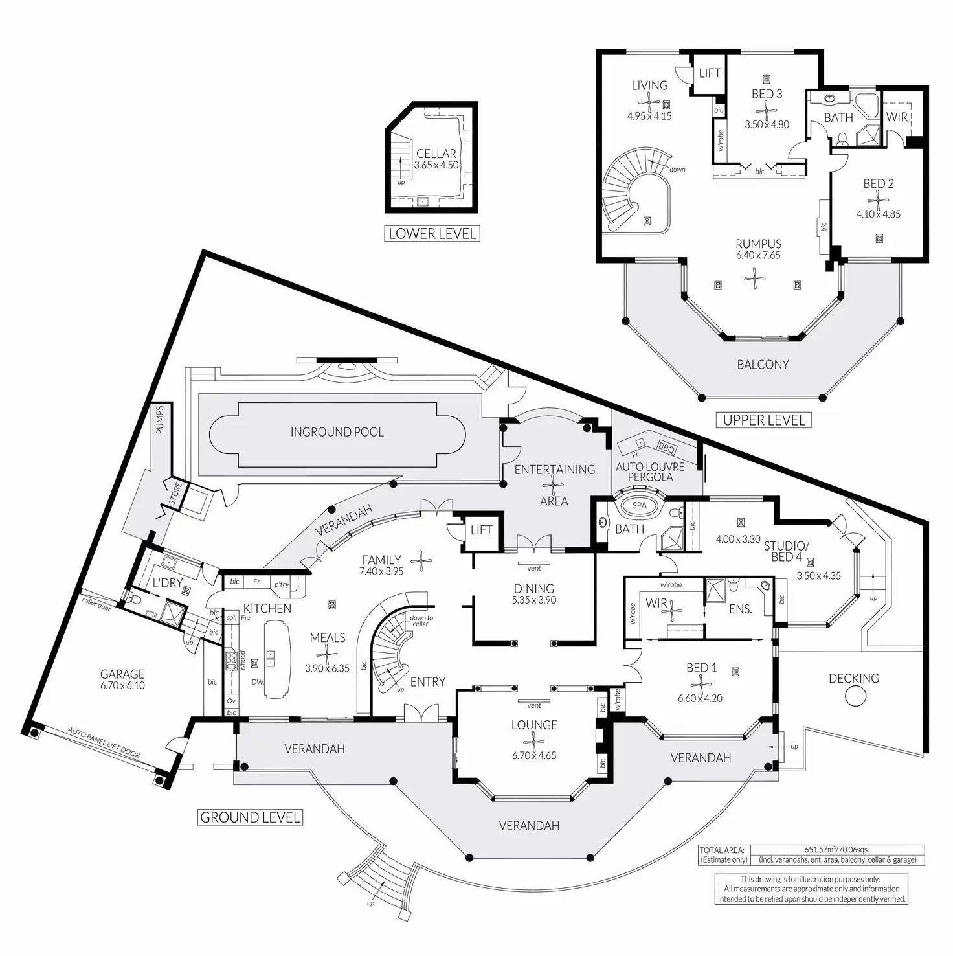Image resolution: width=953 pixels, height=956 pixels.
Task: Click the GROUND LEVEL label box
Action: tap(250, 817)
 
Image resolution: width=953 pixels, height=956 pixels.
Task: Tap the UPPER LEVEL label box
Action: tap(764, 420)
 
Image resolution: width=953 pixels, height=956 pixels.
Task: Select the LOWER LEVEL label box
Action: tap(432, 234)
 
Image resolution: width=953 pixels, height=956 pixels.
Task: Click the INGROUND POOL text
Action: tap(337, 432)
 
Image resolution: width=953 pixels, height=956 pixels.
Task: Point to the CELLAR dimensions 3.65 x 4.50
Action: tap(436, 165)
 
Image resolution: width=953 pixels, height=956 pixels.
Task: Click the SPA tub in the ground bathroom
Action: tap(639, 506)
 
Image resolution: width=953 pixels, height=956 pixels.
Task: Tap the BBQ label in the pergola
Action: tap(666, 447)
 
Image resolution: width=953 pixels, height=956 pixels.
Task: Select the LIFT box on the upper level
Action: tap(710, 73)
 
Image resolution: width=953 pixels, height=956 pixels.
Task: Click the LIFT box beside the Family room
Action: tap(481, 530)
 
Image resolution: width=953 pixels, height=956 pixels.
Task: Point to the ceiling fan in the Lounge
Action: tap(534, 740)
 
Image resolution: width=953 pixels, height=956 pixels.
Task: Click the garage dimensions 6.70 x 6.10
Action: tap(122, 686)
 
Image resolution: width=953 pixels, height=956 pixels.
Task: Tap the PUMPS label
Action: tap(160, 420)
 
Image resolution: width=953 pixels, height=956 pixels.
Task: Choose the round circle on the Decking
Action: tap(856, 696)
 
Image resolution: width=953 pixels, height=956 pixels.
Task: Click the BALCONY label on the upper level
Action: tap(763, 365)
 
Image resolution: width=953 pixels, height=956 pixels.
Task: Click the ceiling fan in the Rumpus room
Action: tap(755, 279)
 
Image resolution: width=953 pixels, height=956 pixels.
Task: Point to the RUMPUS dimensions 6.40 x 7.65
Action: tap(758, 255)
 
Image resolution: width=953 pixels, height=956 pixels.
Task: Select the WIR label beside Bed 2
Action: tap(897, 117)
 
